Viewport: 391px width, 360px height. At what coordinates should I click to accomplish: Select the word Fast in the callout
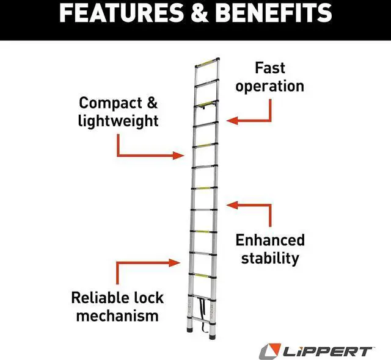(x=270, y=67)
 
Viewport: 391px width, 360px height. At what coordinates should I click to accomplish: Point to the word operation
(x=270, y=86)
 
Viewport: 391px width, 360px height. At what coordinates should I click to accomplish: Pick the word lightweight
(x=118, y=120)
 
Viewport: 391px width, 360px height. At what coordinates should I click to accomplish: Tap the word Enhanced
(x=270, y=240)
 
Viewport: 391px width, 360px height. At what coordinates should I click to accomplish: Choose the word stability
(x=270, y=257)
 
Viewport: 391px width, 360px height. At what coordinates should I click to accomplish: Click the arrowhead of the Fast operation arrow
(x=231, y=121)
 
